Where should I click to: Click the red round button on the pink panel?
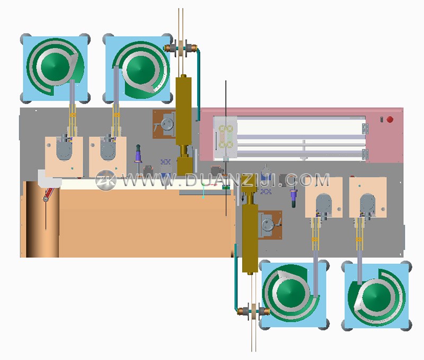[390, 119]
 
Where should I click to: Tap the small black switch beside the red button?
[382, 119]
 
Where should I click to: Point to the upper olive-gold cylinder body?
[183, 111]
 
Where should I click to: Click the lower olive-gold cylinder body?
[250, 238]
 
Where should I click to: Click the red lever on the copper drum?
[49, 194]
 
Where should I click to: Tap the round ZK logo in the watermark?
[105, 180]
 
